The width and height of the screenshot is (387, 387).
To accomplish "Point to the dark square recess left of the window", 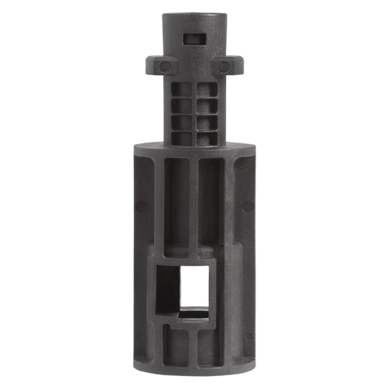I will pos(168,290).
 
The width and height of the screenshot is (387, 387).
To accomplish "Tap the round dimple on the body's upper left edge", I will pos(139,205).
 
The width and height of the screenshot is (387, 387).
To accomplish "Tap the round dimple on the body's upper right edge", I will pos(248,206).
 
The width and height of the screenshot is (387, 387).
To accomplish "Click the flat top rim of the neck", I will pos(193,16).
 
